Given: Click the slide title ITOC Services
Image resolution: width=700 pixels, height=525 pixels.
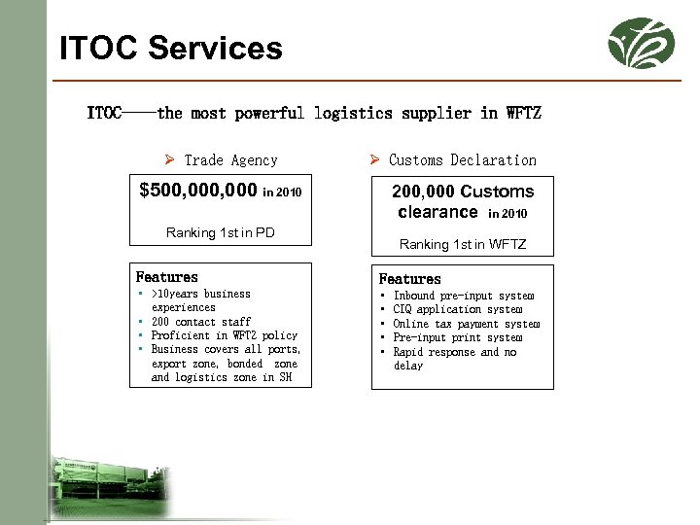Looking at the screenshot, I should pos(171,48).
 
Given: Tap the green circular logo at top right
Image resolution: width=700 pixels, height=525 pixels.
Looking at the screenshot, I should pos(641,43).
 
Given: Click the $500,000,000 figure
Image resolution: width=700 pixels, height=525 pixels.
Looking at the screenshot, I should pos(198,191).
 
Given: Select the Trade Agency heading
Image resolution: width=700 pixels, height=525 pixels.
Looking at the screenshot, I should pos(230,160).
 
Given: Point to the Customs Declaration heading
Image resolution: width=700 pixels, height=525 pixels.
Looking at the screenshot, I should pos(462,160).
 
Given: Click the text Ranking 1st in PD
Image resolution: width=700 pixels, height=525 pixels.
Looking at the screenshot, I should pos(220,232).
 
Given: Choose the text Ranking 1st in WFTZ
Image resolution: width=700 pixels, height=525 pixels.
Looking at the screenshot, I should pos(463,244).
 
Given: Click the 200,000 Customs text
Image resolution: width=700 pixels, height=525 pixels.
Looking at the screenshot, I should pos(463,192).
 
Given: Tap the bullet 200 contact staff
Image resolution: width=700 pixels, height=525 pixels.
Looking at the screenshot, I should pos(201,322).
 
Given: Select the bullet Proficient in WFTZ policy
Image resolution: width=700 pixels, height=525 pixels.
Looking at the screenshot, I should pos(224,335).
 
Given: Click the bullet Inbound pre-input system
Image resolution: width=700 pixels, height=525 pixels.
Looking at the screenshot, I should pos(464,296).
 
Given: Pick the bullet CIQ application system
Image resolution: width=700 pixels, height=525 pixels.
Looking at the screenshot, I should pos(457,309).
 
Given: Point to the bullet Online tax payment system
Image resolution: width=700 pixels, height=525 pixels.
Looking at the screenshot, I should pos(466,324).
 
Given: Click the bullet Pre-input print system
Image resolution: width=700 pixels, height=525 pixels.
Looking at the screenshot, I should pos(458,337).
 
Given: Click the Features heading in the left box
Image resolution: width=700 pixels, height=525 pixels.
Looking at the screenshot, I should pos(167,277).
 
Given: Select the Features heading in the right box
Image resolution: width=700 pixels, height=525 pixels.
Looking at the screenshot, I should pos(409,279).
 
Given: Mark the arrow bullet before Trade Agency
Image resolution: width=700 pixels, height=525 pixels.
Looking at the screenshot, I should pos(169,160).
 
